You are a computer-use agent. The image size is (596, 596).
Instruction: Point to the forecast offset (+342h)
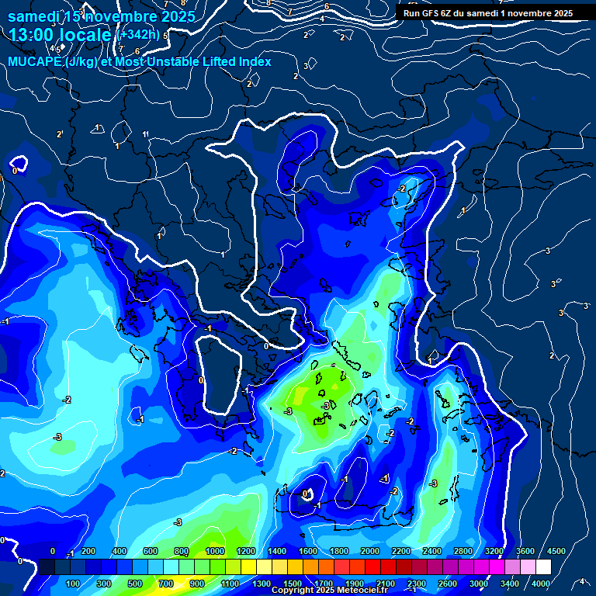click(140, 34)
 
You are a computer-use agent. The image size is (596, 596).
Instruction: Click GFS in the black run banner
click(434, 12)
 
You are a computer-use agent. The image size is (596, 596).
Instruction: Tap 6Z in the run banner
click(452, 12)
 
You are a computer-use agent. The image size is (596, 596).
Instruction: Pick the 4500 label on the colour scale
click(556, 551)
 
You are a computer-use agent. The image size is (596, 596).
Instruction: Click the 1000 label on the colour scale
click(215, 551)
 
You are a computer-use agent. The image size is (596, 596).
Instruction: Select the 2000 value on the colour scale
click(370, 551)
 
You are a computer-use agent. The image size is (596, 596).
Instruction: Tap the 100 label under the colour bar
click(74, 584)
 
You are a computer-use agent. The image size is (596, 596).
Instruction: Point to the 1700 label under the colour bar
click(323, 584)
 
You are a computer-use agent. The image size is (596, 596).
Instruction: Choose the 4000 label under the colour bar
click(542, 584)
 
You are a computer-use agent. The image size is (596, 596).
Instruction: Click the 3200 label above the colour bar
click(494, 551)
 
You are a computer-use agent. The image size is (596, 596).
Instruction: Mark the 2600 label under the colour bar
click(448, 584)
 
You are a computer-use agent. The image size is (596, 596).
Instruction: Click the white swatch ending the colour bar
click(543, 567)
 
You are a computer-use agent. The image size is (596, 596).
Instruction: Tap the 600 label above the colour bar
click(151, 551)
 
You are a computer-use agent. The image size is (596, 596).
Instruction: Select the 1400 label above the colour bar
click(277, 551)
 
